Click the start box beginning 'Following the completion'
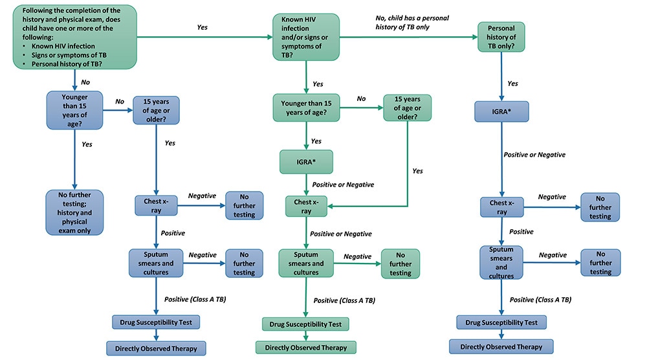pos(74,36)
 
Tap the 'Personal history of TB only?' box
pos(501,38)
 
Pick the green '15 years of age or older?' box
pos(407,107)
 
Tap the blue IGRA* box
pos(501,111)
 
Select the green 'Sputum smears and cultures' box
pos(305,264)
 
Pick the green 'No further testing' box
pos(400,264)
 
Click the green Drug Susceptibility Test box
pos(305,324)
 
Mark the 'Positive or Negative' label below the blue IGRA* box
pos(534,155)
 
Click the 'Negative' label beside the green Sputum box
pos(357,257)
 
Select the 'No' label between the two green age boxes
pos(361,98)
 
